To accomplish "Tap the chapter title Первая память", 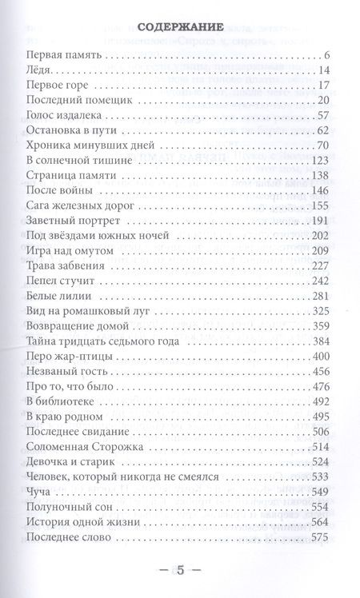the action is pyautogui.click(x=63, y=56).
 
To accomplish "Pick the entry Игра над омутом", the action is pyautogui.click(x=70, y=249).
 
